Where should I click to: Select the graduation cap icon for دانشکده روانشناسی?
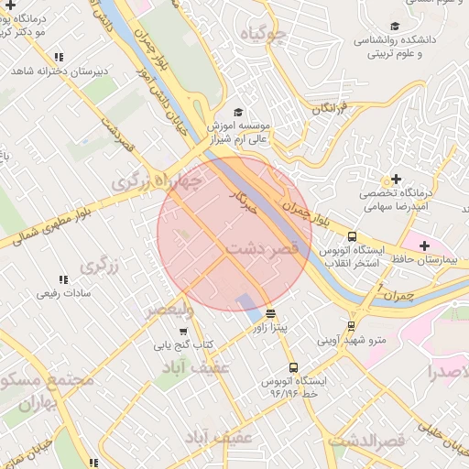[x=395, y=27]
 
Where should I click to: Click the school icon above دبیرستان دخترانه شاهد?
[x=60, y=57]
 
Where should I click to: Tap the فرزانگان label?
[x=332, y=108]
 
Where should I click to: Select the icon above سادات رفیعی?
[x=63, y=279]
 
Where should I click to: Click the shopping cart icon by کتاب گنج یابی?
[x=183, y=331]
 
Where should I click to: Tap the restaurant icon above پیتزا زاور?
[x=269, y=312]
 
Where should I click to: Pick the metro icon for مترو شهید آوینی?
[x=352, y=326]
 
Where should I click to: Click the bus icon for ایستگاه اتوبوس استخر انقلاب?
[x=353, y=237]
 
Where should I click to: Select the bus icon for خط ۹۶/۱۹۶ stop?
[x=292, y=366]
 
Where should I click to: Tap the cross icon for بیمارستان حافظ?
[x=424, y=245]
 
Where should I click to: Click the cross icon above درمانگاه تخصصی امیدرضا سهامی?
[x=396, y=179]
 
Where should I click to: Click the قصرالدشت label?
[x=366, y=442]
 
